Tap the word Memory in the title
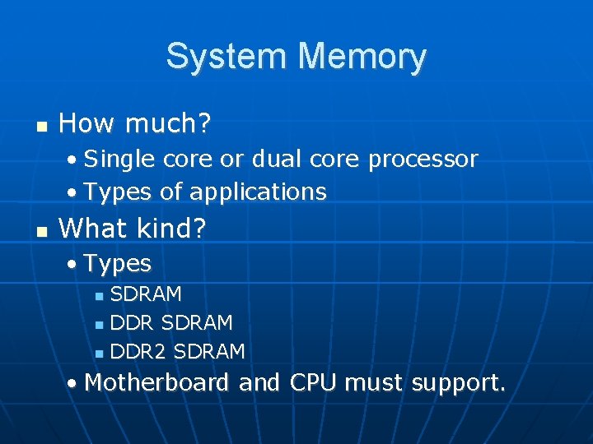tap(363, 56)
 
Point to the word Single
tap(119, 159)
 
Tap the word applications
tap(258, 192)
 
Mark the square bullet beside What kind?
tap(40, 230)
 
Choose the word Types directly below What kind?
tap(118, 264)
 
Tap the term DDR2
tap(138, 352)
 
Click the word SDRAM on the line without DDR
tap(146, 294)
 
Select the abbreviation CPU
tap(312, 383)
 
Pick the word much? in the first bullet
tap(170, 125)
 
